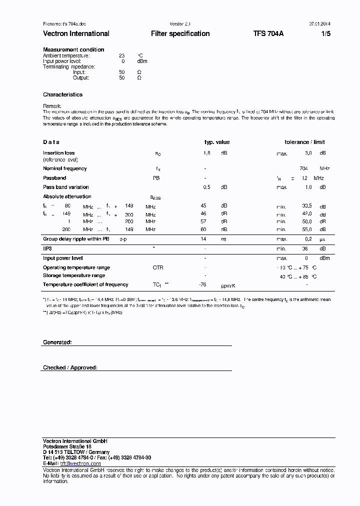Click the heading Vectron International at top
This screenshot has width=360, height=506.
tap(76, 33)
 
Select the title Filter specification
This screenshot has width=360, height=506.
tap(180, 33)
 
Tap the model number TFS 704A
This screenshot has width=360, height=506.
tap(268, 33)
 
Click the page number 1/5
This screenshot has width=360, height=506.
tap(325, 33)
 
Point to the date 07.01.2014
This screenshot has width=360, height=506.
tap(319, 23)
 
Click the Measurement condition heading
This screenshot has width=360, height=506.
tap(73, 49)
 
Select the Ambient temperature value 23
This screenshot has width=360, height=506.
tap(121, 55)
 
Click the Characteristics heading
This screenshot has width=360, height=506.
tap(62, 94)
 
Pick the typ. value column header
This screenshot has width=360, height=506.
tap(216, 142)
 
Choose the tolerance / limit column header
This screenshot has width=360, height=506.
tap(304, 142)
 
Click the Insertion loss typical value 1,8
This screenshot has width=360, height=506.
tap(206, 153)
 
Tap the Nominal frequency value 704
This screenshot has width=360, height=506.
tap(303, 168)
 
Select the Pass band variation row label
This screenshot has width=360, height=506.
tap(65, 187)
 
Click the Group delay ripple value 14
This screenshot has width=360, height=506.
tap(203, 239)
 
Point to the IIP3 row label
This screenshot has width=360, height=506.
tap(47, 248)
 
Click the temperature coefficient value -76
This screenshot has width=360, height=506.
tap(202, 284)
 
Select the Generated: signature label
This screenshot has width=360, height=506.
tap(57, 342)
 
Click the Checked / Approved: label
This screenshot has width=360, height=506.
tap(70, 367)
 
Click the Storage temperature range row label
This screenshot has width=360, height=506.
tap(74, 275)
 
